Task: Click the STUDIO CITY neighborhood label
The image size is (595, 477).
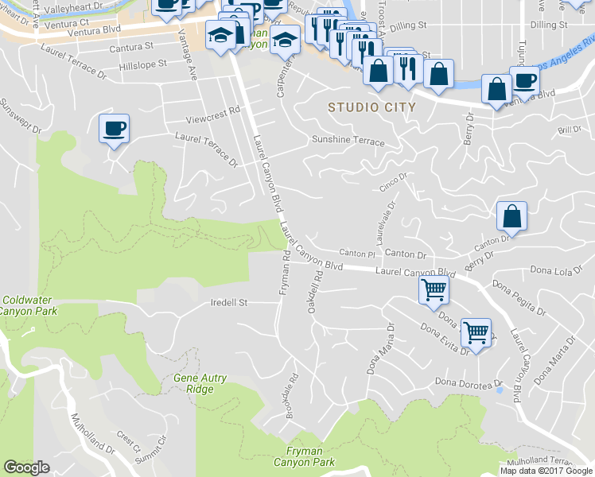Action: (x=372, y=107)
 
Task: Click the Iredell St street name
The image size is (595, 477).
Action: (x=229, y=303)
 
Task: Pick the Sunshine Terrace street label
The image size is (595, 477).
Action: (x=348, y=142)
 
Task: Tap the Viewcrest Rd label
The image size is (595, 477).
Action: (x=212, y=113)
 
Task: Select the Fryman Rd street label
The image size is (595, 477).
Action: (x=284, y=273)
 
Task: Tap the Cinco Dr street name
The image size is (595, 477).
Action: (x=393, y=182)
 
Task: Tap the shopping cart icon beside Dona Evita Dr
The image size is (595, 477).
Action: (x=476, y=332)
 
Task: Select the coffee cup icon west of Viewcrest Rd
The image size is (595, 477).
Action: (x=114, y=128)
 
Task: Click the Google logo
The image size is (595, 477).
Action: (x=26, y=467)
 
